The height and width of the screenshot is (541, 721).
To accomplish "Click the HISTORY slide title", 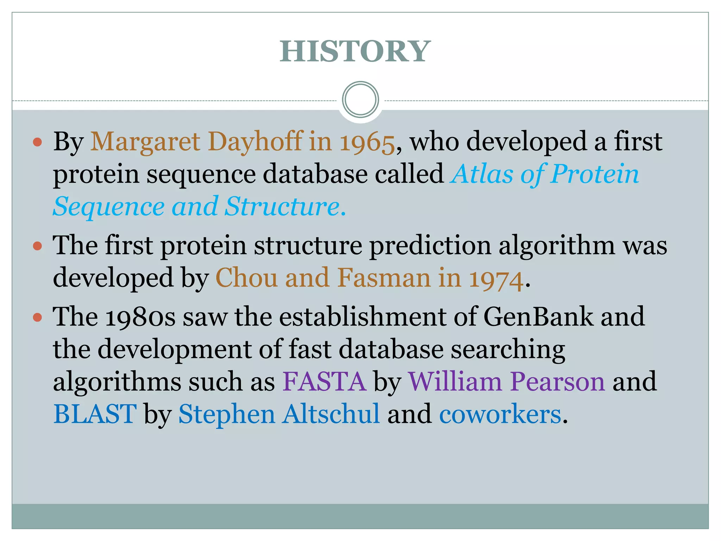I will tap(355, 51).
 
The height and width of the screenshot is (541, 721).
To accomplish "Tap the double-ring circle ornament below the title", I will tap(360, 100).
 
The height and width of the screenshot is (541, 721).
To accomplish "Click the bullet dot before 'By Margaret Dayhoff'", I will tap(37, 142).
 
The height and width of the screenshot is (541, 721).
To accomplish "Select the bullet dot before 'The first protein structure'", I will tap(37, 245).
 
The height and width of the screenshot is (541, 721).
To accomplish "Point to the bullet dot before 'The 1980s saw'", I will tap(37, 317).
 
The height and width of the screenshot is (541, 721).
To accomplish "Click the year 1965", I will tap(367, 142).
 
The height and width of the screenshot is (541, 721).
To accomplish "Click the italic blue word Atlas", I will tap(482, 174).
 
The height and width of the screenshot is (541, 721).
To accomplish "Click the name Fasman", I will tap(384, 278).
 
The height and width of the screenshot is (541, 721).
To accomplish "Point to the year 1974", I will tap(496, 279).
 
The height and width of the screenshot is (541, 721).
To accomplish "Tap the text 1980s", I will tap(140, 317).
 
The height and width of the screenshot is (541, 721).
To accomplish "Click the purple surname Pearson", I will tap(558, 382).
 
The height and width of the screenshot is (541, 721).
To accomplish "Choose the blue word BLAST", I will tap(95, 414).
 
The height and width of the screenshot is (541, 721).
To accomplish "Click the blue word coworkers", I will tap(500, 415).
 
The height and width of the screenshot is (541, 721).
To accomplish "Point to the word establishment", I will tap(363, 317).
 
